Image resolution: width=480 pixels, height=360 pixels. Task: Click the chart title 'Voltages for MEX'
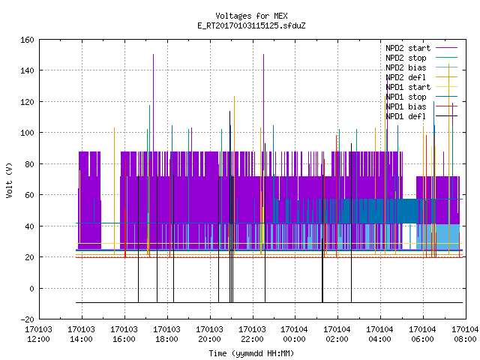tap(251, 16)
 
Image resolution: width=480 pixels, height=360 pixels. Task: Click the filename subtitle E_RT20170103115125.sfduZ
tap(251, 25)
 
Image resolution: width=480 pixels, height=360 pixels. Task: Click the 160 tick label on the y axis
tap(27, 40)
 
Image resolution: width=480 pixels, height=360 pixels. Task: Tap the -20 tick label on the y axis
tap(27, 319)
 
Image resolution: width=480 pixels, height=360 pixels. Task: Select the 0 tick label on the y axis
tap(31, 289)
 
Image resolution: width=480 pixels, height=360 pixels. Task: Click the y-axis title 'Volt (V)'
tap(9, 181)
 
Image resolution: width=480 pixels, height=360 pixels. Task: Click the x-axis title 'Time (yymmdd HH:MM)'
tap(251, 353)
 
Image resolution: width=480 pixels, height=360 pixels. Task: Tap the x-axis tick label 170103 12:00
tap(38, 334)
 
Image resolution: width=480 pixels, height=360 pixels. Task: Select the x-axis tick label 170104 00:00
tap(295, 334)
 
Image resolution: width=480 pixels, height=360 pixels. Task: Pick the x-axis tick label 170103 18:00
tap(166, 334)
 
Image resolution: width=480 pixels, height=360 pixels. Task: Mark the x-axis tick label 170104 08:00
tap(465, 334)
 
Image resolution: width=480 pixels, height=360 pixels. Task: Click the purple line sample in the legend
tap(447, 48)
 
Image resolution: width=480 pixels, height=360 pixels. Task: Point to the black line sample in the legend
tap(447, 116)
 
